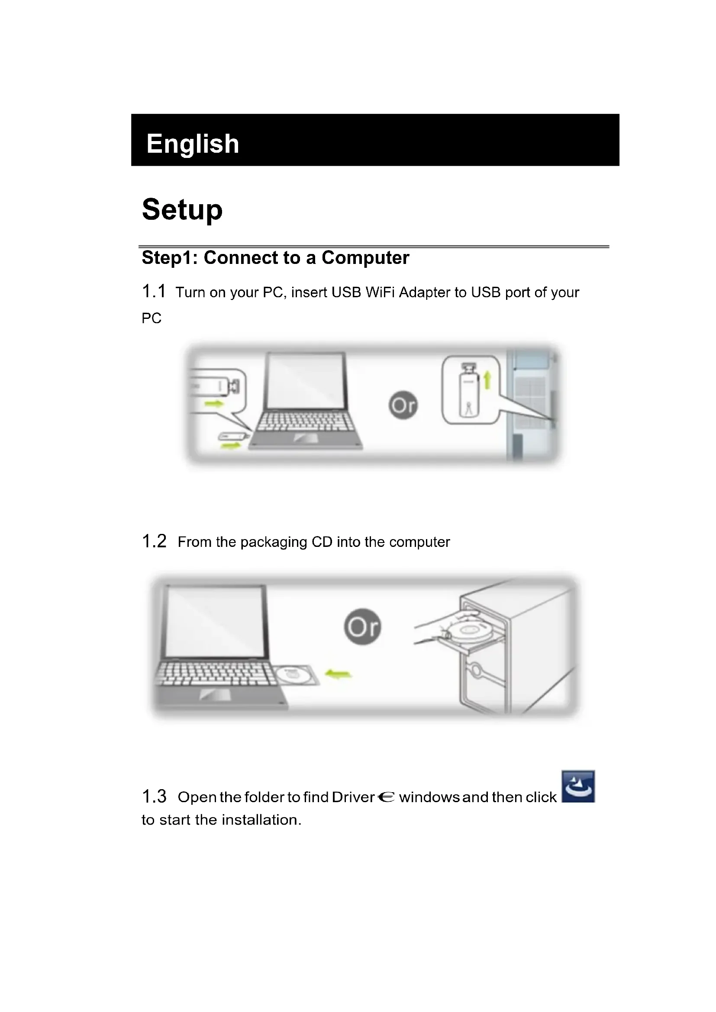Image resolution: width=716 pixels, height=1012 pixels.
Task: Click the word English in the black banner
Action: point(193,144)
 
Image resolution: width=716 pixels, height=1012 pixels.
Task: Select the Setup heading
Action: point(182,210)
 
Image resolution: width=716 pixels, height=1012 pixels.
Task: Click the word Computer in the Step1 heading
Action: point(365,258)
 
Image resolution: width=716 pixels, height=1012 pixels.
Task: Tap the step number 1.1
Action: point(154,292)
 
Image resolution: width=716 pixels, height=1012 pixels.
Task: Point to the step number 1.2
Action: point(154,541)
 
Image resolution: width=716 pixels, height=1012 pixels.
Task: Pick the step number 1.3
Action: point(154,797)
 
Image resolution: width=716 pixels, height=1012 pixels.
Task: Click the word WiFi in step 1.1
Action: point(381,292)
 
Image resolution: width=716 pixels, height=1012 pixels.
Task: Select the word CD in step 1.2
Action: point(322,542)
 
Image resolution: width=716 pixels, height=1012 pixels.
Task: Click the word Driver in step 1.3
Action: point(353,797)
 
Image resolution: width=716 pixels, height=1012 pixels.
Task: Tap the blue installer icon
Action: point(578,786)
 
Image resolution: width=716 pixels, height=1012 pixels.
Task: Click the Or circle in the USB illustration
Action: point(403,405)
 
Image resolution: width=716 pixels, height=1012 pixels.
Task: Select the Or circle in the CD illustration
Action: point(362,626)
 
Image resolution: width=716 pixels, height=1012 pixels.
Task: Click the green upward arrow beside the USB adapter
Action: point(487,379)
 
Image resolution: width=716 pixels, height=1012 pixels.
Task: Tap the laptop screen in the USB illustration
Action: point(306,382)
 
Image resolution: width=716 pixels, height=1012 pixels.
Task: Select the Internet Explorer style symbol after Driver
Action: point(386,797)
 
